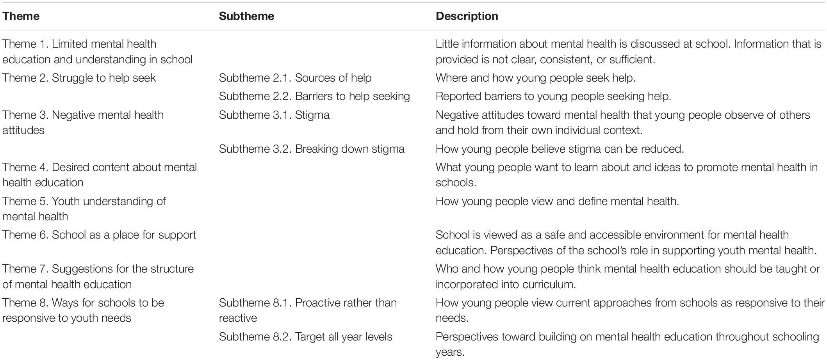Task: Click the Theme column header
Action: [x=21, y=16]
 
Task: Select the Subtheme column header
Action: [x=246, y=16]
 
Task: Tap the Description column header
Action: [x=467, y=16]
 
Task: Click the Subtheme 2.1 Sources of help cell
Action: [x=295, y=78]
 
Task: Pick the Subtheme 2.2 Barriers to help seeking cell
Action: [x=314, y=96]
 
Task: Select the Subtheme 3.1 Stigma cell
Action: [x=274, y=115]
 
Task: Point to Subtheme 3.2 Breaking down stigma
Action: [x=312, y=149]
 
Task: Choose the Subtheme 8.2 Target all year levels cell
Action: [x=305, y=337]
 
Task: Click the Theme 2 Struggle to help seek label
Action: [x=79, y=78]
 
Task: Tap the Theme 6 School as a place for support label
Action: [x=99, y=235]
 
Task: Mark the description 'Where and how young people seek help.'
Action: [x=535, y=78]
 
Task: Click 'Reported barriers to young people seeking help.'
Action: [x=553, y=96]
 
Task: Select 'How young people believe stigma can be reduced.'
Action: [x=560, y=149]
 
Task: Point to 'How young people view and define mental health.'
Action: [x=557, y=201]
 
